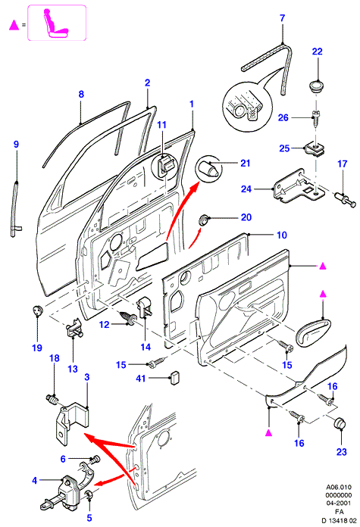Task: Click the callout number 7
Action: pos(283,18)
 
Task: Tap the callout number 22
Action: pos(318,51)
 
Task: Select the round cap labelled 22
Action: pos(316,85)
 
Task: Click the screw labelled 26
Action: pos(315,117)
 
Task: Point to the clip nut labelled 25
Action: pos(315,148)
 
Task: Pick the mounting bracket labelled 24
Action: pos(299,186)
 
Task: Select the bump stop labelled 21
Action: pos(208,168)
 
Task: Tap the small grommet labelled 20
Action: pos(204,220)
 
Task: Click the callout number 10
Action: pos(282,235)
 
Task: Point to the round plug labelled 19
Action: pos(38,310)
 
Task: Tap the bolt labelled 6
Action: pos(95,458)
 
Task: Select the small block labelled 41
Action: pos(174,378)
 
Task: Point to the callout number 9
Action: pos(16,145)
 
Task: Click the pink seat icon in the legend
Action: pos(57,23)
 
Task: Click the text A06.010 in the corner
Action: pos(339,487)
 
